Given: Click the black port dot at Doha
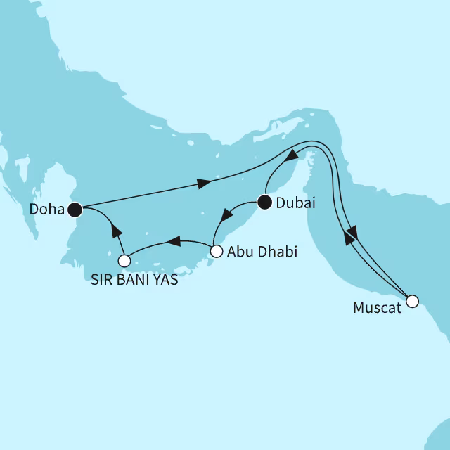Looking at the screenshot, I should [75, 209].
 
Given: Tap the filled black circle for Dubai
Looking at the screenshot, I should [264, 203].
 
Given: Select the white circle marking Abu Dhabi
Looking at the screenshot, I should [217, 250].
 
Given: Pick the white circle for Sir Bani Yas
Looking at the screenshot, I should [124, 261].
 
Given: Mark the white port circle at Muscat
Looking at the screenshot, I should [412, 302].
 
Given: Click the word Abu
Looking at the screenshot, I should [237, 251].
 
